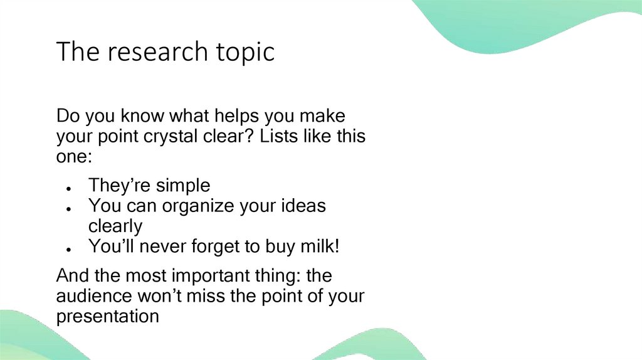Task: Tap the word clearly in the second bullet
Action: pyautogui.click(x=115, y=226)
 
